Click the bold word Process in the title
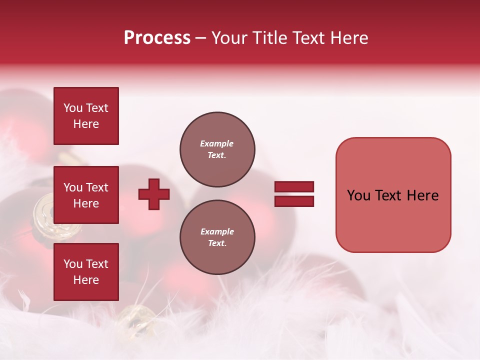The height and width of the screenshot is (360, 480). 157,38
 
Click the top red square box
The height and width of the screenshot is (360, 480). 86,116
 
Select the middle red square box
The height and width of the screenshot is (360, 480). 86,195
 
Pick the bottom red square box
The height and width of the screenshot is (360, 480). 86,272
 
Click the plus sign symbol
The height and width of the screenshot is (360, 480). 154,194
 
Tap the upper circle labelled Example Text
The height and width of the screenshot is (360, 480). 217,149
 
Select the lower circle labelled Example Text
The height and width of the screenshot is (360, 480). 217,237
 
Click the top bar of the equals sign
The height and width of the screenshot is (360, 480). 294,187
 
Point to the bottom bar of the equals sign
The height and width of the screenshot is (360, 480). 294,201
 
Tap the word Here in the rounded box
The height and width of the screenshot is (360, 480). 422,195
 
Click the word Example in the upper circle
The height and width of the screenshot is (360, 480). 216,144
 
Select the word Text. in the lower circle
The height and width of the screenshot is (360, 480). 217,243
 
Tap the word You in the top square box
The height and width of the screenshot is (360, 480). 73,108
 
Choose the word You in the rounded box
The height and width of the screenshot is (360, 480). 358,195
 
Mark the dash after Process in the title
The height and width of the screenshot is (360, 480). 201,38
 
